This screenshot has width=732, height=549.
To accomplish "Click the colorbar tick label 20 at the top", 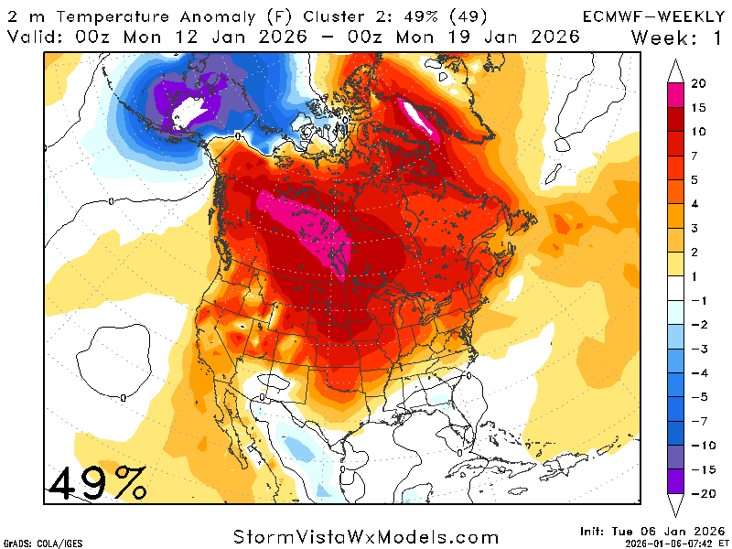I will pos(698,83).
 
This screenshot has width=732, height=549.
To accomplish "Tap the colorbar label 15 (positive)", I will pos(698,107).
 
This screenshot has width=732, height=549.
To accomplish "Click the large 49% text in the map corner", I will pos(97,482).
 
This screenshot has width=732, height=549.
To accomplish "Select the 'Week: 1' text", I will pos(676,37).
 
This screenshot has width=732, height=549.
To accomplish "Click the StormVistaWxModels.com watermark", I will pos(366,537).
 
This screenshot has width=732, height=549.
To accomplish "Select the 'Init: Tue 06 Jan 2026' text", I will pos(651,531).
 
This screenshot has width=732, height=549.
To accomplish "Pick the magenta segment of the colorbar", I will pos(678,95).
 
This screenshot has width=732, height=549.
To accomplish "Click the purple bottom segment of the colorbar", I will pos(678,482).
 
